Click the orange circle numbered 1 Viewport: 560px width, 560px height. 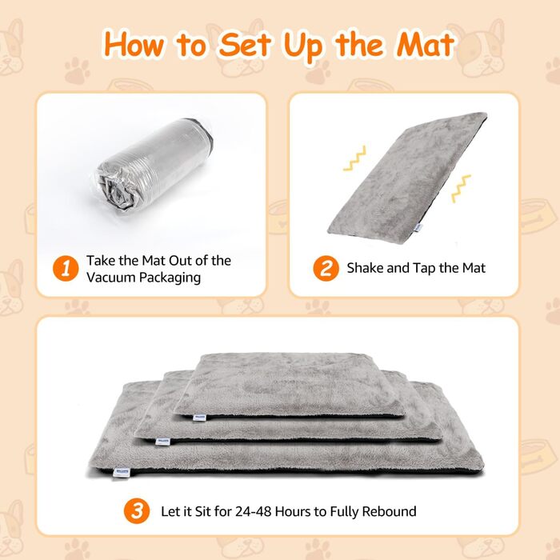tap(66, 268)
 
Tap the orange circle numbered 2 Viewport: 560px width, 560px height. tap(326, 268)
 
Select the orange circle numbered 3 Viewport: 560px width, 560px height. tap(137, 510)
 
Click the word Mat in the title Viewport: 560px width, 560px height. tap(425, 45)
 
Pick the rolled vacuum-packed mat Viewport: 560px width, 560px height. tap(154, 166)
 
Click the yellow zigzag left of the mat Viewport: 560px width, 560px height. tap(355, 158)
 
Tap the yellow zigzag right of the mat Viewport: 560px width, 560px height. tap(461, 189)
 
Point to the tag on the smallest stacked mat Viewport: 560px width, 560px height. tap(199, 418)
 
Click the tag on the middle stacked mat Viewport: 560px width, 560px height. tap(163, 442)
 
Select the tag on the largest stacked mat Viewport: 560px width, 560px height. tap(121, 472)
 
